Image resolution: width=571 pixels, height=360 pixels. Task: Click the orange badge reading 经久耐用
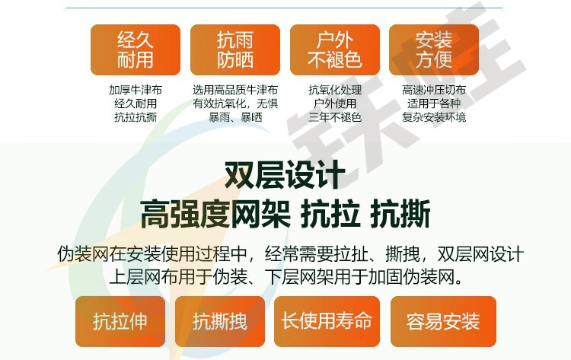(136, 50)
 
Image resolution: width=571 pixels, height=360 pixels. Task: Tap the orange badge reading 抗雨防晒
(235, 50)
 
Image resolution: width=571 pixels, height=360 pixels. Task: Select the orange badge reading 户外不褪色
(335, 50)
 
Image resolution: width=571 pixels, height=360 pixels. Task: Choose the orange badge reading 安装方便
(434, 50)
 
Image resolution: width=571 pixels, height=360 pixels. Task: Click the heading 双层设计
(285, 175)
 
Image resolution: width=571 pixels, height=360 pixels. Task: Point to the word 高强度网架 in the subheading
(215, 214)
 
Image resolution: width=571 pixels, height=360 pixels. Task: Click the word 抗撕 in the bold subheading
(400, 214)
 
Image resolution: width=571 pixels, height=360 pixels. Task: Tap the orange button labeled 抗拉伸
(120, 321)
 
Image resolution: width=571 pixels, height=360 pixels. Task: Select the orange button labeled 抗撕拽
(220, 321)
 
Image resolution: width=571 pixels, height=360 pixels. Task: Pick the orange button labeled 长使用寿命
(327, 321)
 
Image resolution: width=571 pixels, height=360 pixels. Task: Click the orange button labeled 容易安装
(443, 321)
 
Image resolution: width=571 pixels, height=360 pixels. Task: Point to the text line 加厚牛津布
(136, 90)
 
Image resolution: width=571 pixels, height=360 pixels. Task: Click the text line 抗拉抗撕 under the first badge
(136, 117)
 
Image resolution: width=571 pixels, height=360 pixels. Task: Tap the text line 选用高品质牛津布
(235, 90)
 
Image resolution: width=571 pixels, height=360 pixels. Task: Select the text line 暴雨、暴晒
(235, 117)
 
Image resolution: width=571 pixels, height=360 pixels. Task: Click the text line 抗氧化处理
(335, 90)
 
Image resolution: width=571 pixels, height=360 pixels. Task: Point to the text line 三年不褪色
(335, 117)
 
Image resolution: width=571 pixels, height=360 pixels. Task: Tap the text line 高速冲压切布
(434, 90)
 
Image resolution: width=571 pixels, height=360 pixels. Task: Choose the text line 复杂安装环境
(434, 117)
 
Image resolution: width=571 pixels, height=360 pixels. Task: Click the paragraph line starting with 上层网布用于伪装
(285, 277)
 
